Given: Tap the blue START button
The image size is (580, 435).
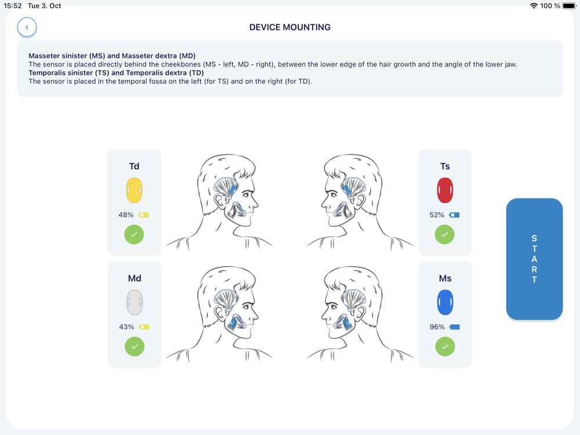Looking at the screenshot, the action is pos(534,259).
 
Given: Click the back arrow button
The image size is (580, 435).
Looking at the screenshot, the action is pos(27,27).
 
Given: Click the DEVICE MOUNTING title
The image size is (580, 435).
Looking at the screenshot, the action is pos(290,27).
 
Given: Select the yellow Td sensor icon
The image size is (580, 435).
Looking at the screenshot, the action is pos(135,190).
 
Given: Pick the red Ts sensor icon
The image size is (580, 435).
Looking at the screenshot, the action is pos(445,190).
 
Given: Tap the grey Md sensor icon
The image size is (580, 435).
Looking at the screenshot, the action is pos(135,302).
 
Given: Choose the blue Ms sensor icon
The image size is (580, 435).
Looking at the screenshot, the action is pos(445,302).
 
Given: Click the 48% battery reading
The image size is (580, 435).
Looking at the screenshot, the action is pos(126,215).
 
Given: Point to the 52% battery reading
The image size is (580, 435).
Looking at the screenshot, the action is pos(437,215).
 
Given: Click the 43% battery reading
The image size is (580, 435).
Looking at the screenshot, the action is pos(126,327).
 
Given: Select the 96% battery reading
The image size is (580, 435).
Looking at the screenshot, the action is pos(437,327).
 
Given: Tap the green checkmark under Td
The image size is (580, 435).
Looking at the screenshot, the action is pos(134,234).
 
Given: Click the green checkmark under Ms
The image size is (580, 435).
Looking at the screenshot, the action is pos(445,347).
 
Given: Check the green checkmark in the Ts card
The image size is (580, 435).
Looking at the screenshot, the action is pos(445,234).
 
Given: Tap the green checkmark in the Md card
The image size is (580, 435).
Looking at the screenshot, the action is pos(135,347).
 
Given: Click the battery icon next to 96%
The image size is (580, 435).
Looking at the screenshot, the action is pos(455,327).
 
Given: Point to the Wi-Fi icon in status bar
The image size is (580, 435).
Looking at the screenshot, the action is pos(534,6).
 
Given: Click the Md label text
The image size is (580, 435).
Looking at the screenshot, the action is pos(135,278).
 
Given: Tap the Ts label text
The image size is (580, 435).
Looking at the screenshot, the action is pos(445,166).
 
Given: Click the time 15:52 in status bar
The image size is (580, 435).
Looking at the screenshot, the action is pos(13,6).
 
